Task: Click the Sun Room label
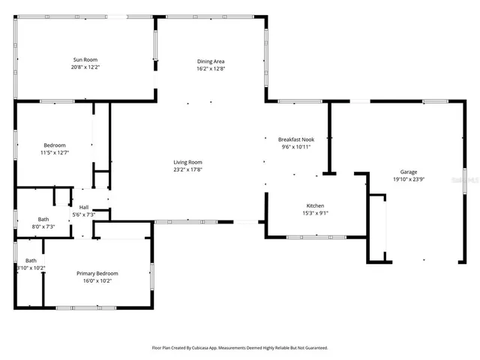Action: point(85,59)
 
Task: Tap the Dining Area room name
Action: point(211,61)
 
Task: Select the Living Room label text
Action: point(188,162)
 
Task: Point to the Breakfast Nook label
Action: point(295,139)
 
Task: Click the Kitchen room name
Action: point(315,205)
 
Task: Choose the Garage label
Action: point(409,172)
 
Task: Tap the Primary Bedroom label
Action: point(97,273)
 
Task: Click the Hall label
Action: point(84,208)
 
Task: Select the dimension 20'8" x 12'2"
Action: point(85,67)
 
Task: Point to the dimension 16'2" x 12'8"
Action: point(211,69)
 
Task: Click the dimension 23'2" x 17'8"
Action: point(188,169)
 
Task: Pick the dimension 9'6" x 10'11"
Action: point(295,147)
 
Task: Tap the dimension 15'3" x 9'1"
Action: point(315,213)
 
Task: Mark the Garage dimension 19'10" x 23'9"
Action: point(409,179)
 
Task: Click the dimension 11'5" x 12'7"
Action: point(54,152)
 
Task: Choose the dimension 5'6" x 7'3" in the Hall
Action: point(84,215)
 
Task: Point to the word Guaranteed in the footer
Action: point(313,348)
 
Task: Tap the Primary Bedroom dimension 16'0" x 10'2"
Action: point(97,280)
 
